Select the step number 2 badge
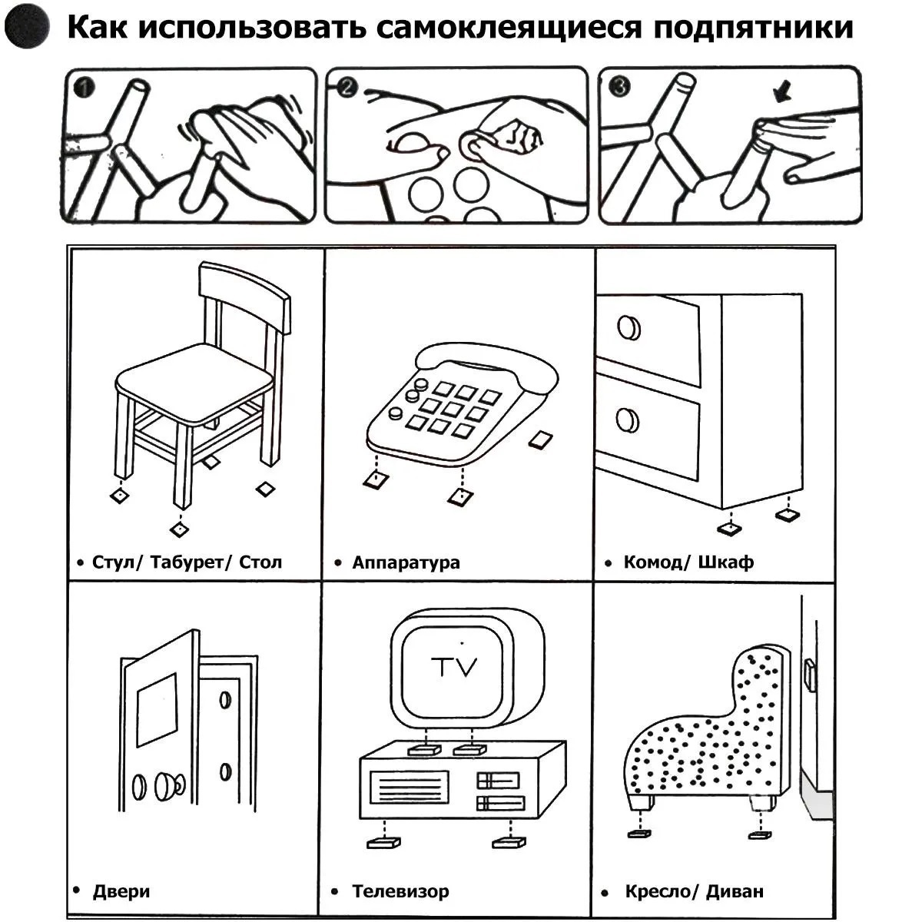pyautogui.click(x=347, y=87)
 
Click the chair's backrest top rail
pyautogui.click(x=244, y=296)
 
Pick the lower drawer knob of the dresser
pyautogui.click(x=628, y=420)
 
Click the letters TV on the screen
pyautogui.click(x=454, y=666)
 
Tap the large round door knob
pyautogui.click(x=166, y=785)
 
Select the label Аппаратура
pyautogui.click(x=406, y=562)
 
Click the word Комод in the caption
pyautogui.click(x=652, y=562)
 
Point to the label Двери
pyautogui.click(x=121, y=891)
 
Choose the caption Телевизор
pyautogui.click(x=400, y=891)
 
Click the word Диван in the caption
pyautogui.click(x=735, y=891)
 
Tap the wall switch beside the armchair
pyautogui.click(x=808, y=674)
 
